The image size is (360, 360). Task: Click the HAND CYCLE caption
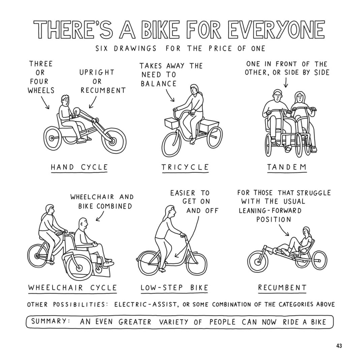pos(79,167)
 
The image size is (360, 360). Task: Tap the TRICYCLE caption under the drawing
pos(185,167)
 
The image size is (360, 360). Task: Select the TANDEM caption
pos(287,167)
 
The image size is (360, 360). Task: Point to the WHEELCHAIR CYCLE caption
pos(72,288)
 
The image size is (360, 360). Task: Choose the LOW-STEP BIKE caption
pos(174,288)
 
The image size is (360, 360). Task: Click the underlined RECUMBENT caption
pos(282,288)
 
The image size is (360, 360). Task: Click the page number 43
pos(339,346)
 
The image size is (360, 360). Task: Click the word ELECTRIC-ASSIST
pos(146,305)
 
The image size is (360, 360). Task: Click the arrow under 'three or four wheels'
pos(45,102)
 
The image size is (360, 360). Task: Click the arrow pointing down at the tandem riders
pos(286,83)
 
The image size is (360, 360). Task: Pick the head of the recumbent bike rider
pos(306,232)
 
